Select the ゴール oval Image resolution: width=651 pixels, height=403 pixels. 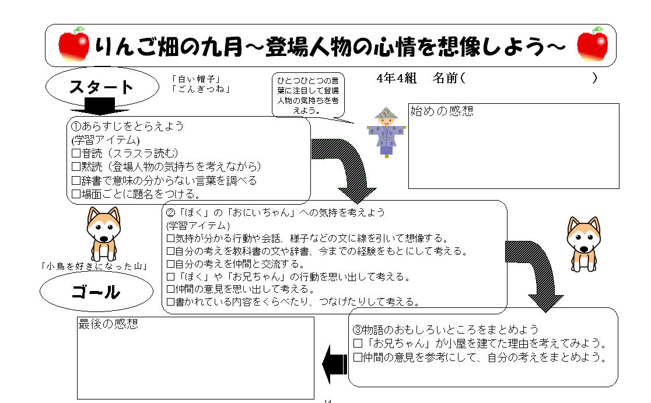96,292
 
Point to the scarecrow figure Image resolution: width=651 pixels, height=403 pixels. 387,132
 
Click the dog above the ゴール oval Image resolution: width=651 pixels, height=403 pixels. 103,234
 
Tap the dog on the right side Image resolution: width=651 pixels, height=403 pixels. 583,244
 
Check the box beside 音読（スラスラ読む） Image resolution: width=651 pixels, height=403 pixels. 76,153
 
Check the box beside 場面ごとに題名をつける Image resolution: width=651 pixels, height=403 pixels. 76,194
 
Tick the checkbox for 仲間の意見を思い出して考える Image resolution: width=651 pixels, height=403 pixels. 170,289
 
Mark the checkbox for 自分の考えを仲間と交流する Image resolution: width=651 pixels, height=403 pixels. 170,264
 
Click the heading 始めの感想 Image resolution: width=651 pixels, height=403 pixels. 442,111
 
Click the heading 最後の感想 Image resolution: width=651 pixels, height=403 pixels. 108,324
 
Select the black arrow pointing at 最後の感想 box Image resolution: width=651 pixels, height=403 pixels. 335,364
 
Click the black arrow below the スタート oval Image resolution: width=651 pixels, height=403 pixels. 100,106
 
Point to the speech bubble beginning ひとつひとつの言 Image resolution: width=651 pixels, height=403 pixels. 308,96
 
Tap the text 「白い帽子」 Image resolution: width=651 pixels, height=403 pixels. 195,79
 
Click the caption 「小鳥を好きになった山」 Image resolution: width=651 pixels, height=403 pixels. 94,267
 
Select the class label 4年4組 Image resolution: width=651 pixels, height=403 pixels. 397,78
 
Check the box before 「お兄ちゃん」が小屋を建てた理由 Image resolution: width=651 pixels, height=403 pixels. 358,344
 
